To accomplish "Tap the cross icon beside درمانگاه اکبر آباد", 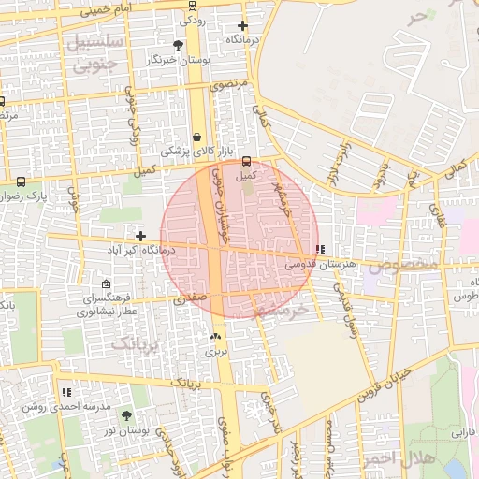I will coord(140,236).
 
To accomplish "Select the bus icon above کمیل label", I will coord(246,161).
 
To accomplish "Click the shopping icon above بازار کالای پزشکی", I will coord(196,137).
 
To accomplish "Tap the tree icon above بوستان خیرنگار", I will coord(179,45).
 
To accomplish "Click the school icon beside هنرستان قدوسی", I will coord(321,250).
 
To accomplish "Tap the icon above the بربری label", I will coord(216,336).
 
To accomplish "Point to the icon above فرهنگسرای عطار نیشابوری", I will coord(106,283).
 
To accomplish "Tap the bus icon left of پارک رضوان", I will coord(22,182).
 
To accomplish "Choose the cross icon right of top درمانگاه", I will coord(243,25).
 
